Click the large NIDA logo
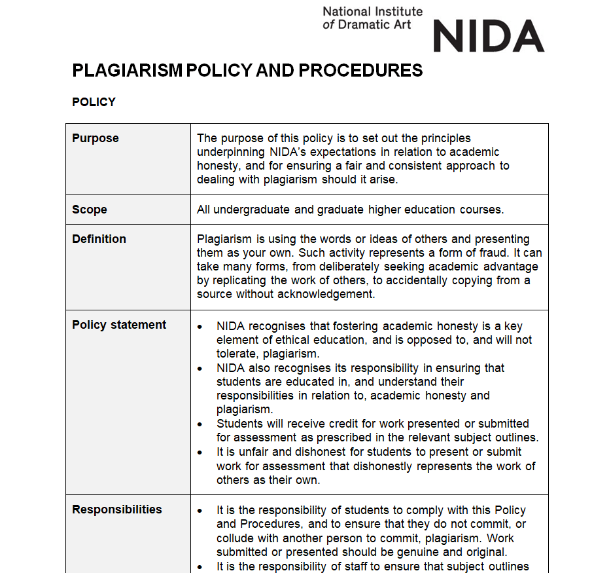coord(488,35)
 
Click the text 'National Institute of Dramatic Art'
coord(372,18)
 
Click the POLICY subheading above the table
coord(94,102)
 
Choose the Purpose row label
coord(96,138)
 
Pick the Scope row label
coord(90,210)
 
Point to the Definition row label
coord(99,239)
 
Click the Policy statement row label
coord(119,325)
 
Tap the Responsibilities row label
coord(117,509)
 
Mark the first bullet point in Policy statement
coord(200,327)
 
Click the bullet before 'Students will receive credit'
coord(200,424)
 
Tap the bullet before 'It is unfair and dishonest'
coord(200,453)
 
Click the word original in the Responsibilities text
coord(485,552)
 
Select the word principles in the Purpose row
coord(438,138)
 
